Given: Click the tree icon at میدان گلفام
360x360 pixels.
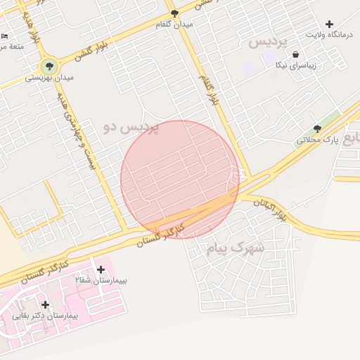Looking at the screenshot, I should click(175, 13).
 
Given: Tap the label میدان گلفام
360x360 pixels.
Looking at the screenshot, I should click(175, 24).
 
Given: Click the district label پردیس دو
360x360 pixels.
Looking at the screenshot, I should click(131, 127).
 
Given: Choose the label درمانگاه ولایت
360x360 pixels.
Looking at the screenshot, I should click(328, 34).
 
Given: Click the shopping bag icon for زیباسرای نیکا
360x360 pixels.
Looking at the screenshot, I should click(295, 54).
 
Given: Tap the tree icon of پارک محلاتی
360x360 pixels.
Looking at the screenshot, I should click(317, 129).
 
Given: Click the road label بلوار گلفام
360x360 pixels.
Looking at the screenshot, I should click(209, 89).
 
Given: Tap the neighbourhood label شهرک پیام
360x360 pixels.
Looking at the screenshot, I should click(236, 247).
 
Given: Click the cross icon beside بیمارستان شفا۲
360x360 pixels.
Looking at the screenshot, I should click(101, 269).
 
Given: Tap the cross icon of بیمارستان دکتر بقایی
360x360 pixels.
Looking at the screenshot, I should click(46, 304).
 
